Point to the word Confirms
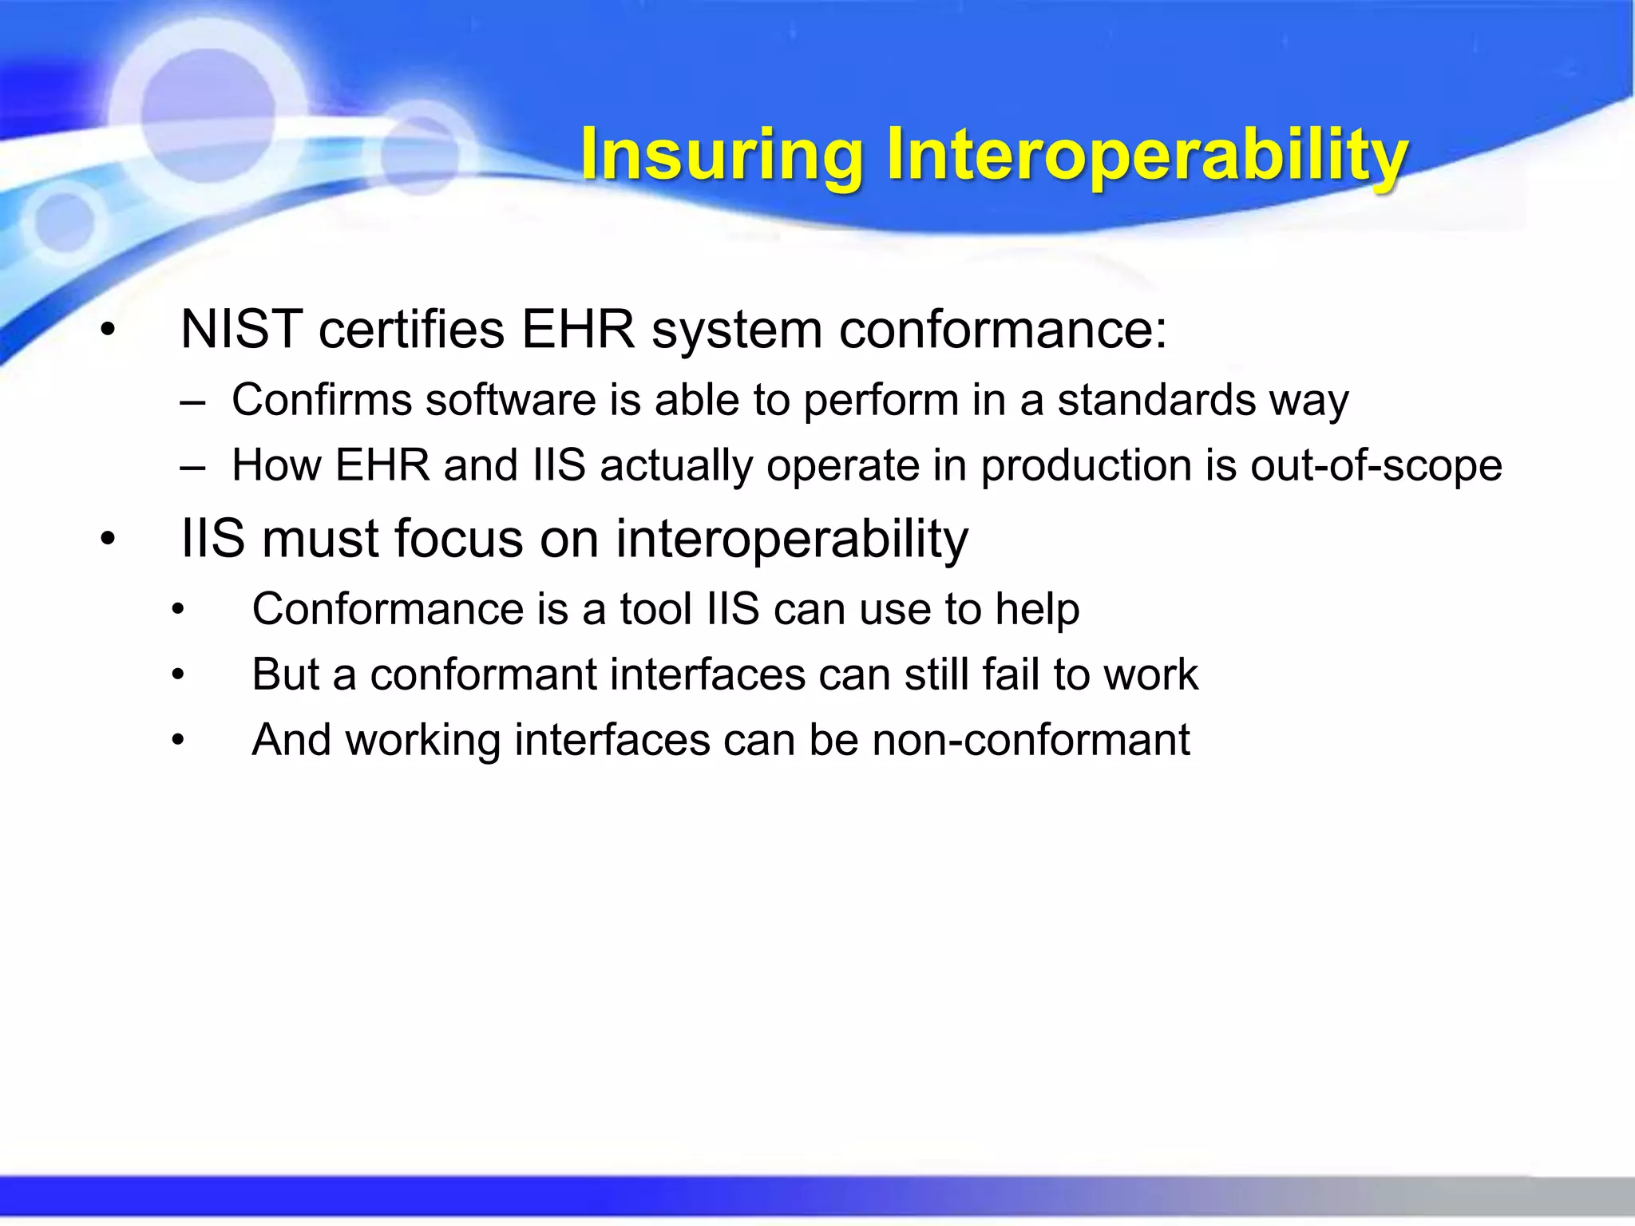[321, 400]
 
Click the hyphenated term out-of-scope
[1376, 465]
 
